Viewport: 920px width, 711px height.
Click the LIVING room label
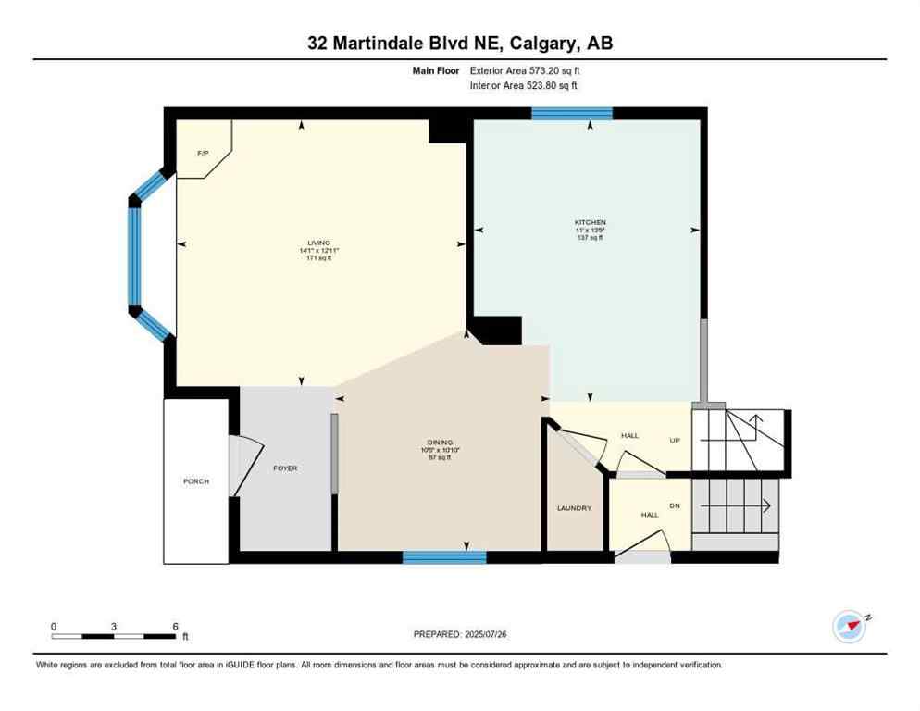pyautogui.click(x=318, y=243)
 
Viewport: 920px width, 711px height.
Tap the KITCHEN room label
pyautogui.click(x=590, y=222)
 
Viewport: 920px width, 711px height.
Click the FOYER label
pyautogui.click(x=285, y=468)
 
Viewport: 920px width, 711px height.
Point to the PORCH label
pyautogui.click(x=195, y=481)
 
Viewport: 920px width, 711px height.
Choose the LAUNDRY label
pyautogui.click(x=574, y=508)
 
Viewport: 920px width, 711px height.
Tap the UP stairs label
pyautogui.click(x=676, y=440)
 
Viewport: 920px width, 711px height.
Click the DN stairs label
pyautogui.click(x=676, y=505)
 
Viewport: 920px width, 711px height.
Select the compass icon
pyautogui.click(x=849, y=627)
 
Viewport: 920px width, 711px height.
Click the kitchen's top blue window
pyautogui.click(x=571, y=113)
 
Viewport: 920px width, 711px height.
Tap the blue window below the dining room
pyautogui.click(x=444, y=557)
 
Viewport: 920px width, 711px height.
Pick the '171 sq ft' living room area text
pyautogui.click(x=318, y=258)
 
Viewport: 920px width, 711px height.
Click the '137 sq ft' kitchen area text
pyautogui.click(x=590, y=238)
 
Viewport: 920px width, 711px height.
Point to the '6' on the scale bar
pyautogui.click(x=175, y=627)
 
